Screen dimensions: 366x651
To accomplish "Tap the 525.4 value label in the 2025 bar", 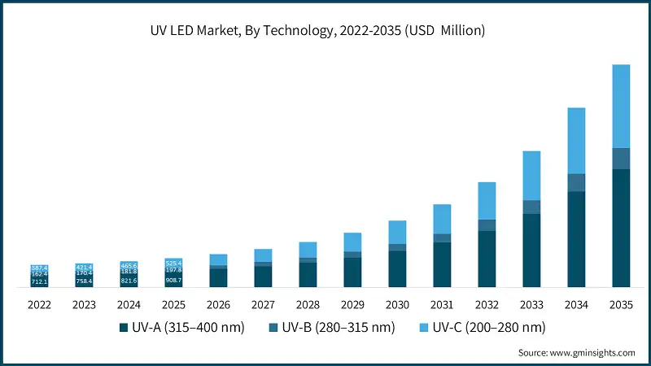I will coord(173,263).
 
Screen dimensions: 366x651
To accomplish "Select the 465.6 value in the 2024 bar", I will coord(129,265).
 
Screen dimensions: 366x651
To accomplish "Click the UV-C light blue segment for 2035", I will coord(621,106).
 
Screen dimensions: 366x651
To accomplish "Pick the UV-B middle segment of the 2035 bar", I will coord(621,159).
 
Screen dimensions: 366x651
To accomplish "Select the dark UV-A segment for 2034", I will coord(576,239).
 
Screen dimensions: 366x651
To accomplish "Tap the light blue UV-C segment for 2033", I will coord(531,175).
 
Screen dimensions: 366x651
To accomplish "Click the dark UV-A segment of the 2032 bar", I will coord(487,259).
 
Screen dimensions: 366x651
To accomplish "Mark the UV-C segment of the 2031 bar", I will coord(442,219).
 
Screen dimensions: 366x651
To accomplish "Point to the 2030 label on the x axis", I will coord(397,304).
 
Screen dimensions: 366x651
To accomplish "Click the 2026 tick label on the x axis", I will coord(218,304).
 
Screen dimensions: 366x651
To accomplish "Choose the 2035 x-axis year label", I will coord(621,304).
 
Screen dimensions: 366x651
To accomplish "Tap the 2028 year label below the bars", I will coord(308,304).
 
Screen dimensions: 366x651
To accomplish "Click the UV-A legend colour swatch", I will coord(124,328).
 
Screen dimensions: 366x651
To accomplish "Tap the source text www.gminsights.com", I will coord(576,353).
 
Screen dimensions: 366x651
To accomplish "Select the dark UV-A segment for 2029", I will coord(352,272).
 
